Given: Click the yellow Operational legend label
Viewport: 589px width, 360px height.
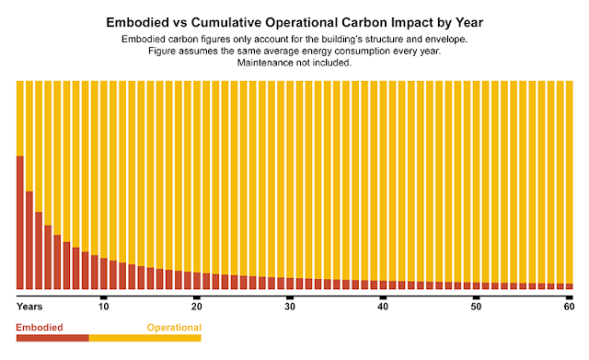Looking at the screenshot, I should click(173, 326).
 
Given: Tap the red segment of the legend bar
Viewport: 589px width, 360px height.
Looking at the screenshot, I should click(52, 338).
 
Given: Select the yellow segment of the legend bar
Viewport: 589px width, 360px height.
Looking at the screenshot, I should click(144, 338).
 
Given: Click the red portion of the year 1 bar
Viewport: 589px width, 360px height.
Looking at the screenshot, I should click(20, 222).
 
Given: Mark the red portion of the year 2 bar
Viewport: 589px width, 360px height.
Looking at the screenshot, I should click(29, 239).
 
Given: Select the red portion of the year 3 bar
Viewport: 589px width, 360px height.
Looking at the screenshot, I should click(39, 250).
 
